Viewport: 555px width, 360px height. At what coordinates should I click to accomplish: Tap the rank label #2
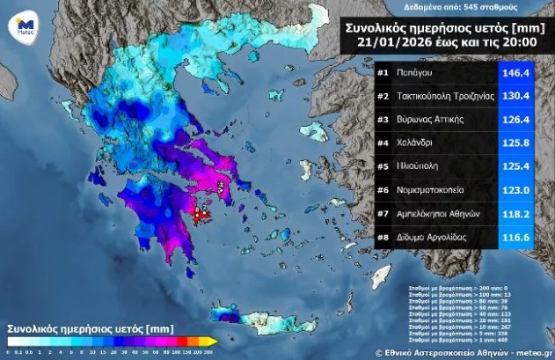coord(383,97)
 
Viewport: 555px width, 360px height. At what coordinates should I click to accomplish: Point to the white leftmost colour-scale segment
coord(11,341)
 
